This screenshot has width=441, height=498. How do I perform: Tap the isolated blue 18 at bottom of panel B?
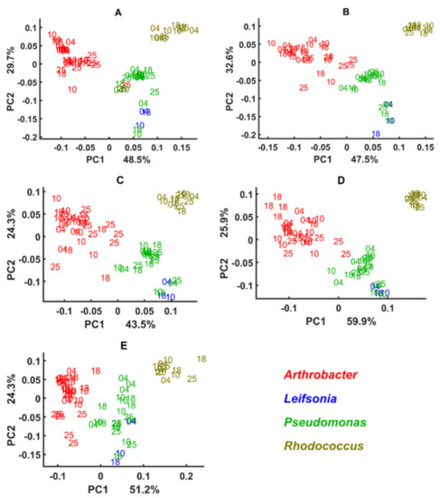375,134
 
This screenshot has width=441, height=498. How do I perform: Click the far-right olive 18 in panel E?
201,359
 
